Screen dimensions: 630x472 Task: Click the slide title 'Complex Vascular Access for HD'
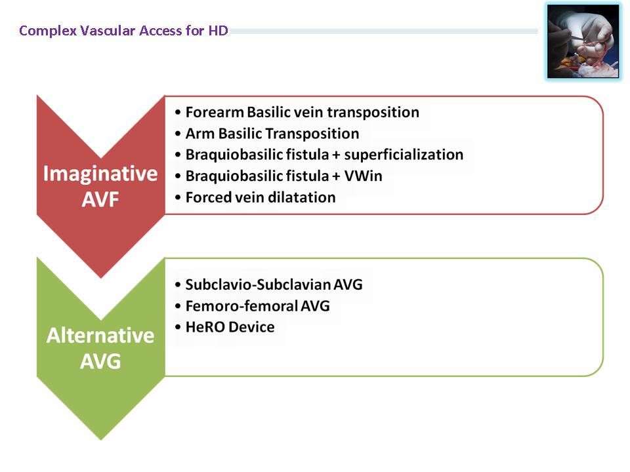pyautogui.click(x=124, y=31)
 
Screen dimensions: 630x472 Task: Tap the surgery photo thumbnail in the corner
pyautogui.click(x=583, y=41)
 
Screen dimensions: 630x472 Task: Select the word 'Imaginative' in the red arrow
pyautogui.click(x=100, y=174)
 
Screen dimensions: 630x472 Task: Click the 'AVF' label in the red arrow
pyautogui.click(x=100, y=199)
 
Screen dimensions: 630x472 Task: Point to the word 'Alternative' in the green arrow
pyautogui.click(x=100, y=336)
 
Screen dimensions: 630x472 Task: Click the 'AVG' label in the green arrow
pyautogui.click(x=100, y=361)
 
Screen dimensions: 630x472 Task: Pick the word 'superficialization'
pyautogui.click(x=404, y=155)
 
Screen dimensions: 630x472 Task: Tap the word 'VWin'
pyautogui.click(x=363, y=176)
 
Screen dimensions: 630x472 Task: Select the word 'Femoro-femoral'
pyautogui.click(x=241, y=306)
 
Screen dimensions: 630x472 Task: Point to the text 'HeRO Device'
pyautogui.click(x=230, y=327)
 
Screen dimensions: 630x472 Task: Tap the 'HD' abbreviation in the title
pyautogui.click(x=218, y=31)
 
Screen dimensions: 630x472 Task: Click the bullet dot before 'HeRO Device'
pyautogui.click(x=178, y=328)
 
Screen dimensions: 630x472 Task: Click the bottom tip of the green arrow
pyautogui.click(x=101, y=440)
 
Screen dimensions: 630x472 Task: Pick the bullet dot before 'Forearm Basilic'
pyautogui.click(x=178, y=113)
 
